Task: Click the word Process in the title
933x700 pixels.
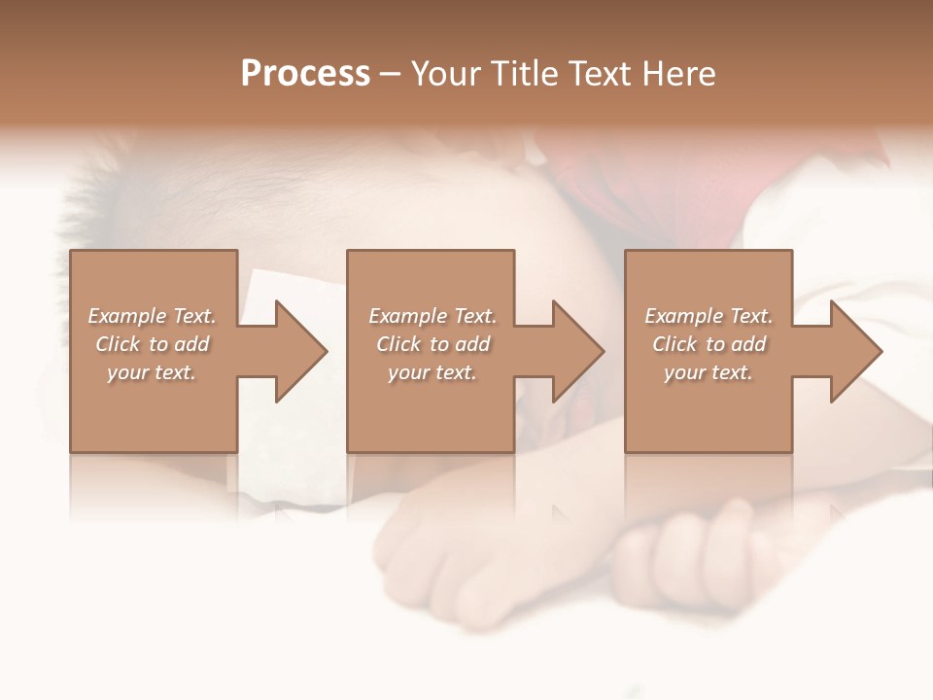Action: (x=305, y=74)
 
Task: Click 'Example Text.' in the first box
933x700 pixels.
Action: (x=152, y=316)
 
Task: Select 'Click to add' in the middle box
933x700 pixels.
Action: (x=432, y=344)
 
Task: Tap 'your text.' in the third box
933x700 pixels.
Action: (x=708, y=372)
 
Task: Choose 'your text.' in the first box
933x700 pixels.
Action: (x=152, y=372)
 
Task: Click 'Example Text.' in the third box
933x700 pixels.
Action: (x=708, y=316)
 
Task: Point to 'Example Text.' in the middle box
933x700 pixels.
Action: (x=432, y=316)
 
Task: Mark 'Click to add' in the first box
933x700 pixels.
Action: (x=152, y=344)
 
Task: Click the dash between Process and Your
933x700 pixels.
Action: (x=391, y=74)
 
